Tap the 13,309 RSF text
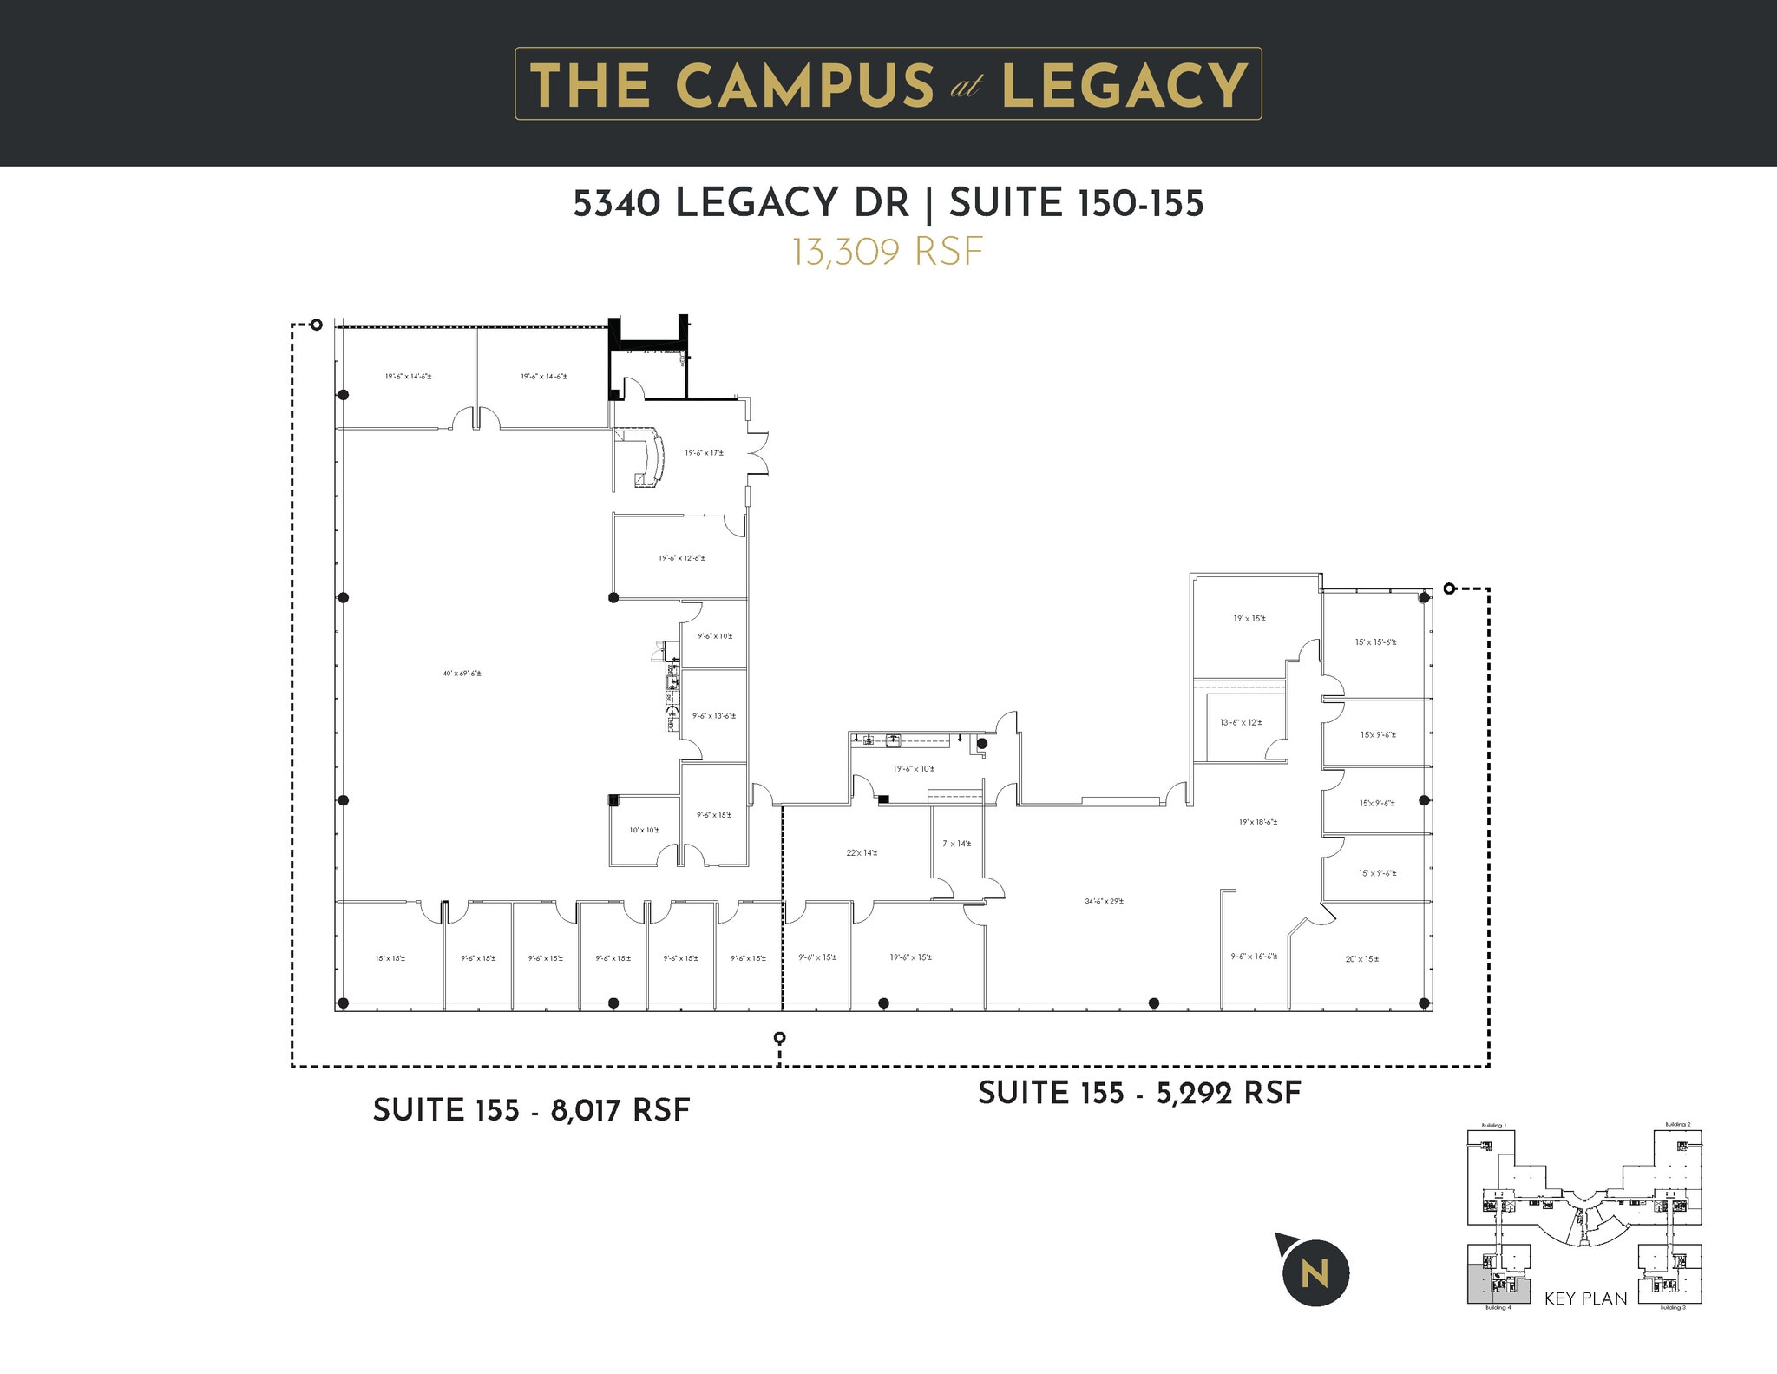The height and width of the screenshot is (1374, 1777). (887, 252)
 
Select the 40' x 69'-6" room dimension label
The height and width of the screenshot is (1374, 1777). (462, 674)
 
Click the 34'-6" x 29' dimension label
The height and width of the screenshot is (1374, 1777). (1104, 901)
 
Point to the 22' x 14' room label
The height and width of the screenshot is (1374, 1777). (862, 852)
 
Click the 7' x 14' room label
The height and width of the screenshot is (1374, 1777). (956, 844)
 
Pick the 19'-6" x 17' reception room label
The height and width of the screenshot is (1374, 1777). (704, 453)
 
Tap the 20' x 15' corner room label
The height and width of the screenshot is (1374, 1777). (1361, 959)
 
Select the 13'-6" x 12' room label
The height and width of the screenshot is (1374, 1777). (1241, 722)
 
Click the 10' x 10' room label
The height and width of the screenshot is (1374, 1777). (644, 830)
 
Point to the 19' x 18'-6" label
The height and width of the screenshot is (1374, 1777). (1257, 821)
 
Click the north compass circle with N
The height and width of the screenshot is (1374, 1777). (1315, 1274)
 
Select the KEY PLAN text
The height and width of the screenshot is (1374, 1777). (1585, 1299)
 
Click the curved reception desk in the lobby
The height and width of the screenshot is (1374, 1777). (651, 458)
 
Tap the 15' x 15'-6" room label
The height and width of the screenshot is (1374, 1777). (1375, 642)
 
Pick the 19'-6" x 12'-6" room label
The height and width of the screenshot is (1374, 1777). (681, 558)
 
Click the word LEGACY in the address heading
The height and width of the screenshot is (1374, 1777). (791, 203)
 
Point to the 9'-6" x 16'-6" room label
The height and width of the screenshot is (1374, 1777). (1254, 956)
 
